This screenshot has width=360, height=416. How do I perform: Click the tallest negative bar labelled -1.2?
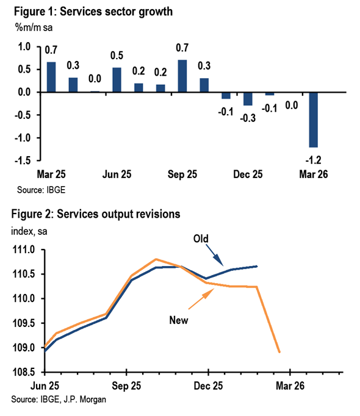click(313, 120)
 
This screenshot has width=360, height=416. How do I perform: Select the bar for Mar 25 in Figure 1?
click(51, 77)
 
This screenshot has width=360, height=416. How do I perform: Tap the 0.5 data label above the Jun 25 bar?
click(117, 56)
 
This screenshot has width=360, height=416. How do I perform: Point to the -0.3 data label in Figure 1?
click(248, 118)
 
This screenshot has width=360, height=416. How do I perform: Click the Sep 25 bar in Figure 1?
click(182, 76)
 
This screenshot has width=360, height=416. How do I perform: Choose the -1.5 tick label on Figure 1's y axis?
click(23, 160)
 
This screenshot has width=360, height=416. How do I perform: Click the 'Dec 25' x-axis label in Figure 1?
click(248, 174)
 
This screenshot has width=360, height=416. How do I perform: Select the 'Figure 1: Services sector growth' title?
click(93, 12)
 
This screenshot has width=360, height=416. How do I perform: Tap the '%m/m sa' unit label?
click(34, 27)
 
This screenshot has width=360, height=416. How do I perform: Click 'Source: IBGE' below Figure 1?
click(41, 190)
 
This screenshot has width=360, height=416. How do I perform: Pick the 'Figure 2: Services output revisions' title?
click(96, 214)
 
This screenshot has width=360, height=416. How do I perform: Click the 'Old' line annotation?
click(201, 238)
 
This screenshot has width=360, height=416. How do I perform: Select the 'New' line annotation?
click(179, 320)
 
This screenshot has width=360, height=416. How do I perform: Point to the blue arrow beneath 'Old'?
click(215, 255)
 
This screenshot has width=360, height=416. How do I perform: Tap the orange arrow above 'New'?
click(201, 299)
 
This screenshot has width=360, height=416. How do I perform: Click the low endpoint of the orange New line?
click(279, 352)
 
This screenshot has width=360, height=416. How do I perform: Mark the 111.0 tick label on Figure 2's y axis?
click(24, 249)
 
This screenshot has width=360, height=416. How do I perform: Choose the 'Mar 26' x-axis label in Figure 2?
click(290, 386)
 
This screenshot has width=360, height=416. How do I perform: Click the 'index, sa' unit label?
click(29, 231)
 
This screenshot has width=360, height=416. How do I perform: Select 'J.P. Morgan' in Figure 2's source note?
click(85, 400)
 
